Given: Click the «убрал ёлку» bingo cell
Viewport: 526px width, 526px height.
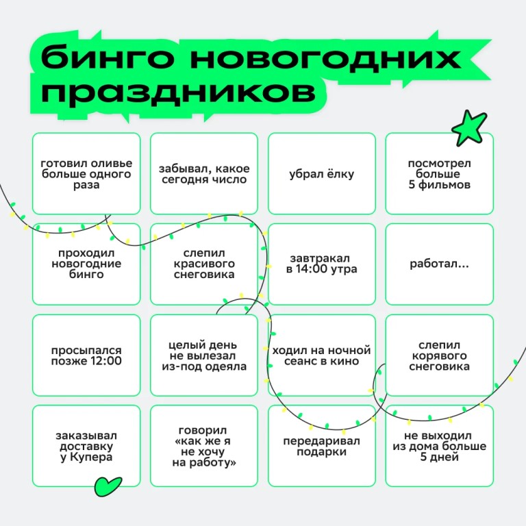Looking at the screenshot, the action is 322,173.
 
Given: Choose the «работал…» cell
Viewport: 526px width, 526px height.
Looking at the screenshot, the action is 440,264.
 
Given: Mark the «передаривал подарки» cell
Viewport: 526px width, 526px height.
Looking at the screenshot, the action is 322,446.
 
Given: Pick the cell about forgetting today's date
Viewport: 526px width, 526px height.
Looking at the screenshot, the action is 204,173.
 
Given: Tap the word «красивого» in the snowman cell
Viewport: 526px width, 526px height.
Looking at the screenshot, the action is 204,264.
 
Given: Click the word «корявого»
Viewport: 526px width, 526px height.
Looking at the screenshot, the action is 440,356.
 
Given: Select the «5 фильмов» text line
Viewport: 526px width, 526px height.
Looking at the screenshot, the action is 440,184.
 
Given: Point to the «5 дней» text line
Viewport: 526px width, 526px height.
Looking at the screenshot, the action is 440,457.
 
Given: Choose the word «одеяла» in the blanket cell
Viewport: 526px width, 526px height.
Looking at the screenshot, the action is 225,366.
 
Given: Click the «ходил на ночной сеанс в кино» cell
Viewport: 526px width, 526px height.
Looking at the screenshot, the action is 322,355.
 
